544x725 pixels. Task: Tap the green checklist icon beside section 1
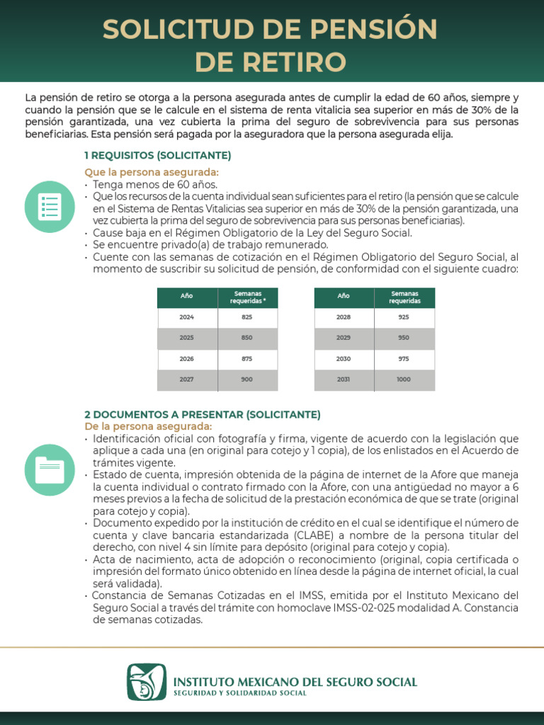coord(49,206)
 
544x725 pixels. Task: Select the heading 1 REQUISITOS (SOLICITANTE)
coord(157,155)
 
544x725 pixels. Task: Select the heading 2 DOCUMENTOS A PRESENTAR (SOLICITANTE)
coord(203,414)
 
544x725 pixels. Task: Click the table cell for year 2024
coord(187,317)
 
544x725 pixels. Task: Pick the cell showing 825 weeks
coord(247,317)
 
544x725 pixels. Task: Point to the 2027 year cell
coord(187,379)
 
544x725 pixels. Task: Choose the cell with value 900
coord(247,379)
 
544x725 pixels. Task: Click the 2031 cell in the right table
coord(344,379)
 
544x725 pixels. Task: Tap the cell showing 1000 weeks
coord(404,379)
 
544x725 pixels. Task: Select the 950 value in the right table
coord(404,338)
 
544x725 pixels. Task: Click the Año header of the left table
coord(187,297)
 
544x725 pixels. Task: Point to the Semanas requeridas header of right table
coord(404,297)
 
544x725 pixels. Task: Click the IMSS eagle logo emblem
coord(147,682)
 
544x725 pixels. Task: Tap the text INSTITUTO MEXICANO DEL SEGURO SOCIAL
coord(295,682)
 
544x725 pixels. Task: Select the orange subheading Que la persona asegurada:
coord(152,173)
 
